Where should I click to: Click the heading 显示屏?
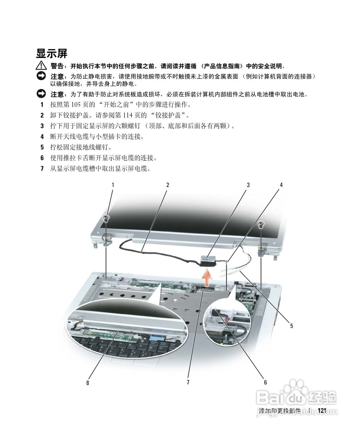click(52, 53)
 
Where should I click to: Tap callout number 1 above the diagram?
click(113, 185)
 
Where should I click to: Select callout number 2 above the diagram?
click(168, 185)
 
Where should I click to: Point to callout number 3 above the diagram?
click(248, 185)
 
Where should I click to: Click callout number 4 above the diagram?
click(281, 185)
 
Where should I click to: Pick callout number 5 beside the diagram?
click(291, 326)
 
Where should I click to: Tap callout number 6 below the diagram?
click(265, 382)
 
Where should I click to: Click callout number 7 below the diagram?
click(188, 382)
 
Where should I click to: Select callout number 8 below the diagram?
click(88, 383)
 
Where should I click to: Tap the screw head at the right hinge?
click(261, 224)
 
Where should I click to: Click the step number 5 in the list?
click(42, 147)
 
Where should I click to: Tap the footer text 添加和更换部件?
click(280, 411)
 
